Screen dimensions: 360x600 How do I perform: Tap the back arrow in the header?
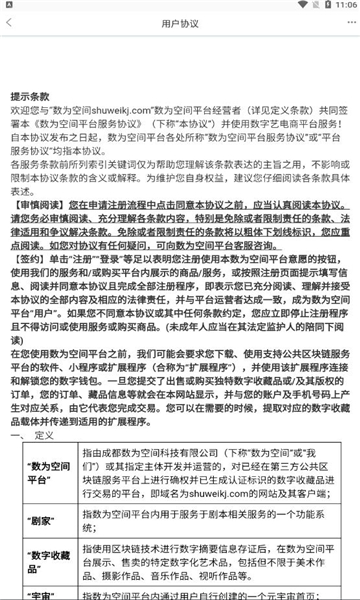(x=15, y=46)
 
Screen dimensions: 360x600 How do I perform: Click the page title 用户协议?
(x=180, y=46)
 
